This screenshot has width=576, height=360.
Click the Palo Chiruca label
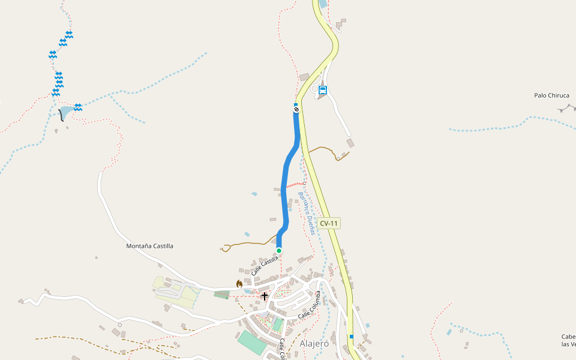[551, 95]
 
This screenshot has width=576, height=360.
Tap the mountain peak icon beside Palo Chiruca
[566, 108]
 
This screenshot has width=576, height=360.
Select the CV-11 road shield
[329, 223]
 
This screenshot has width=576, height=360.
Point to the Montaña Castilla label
[149, 246]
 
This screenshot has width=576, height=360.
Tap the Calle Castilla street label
[265, 266]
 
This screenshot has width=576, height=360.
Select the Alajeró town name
[314, 343]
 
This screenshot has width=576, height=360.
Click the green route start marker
[279, 250]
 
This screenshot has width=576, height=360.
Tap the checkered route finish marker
[296, 109]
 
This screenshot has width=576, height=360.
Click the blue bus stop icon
[323, 91]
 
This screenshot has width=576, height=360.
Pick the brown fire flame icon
[239, 284]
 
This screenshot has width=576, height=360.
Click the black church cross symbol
[265, 296]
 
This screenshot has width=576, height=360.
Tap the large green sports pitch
[251, 342]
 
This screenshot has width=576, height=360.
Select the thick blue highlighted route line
[284, 186]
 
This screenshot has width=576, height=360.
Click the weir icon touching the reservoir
[77, 107]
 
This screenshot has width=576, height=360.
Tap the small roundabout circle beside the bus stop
[315, 89]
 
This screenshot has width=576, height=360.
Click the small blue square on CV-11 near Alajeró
[352, 336]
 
